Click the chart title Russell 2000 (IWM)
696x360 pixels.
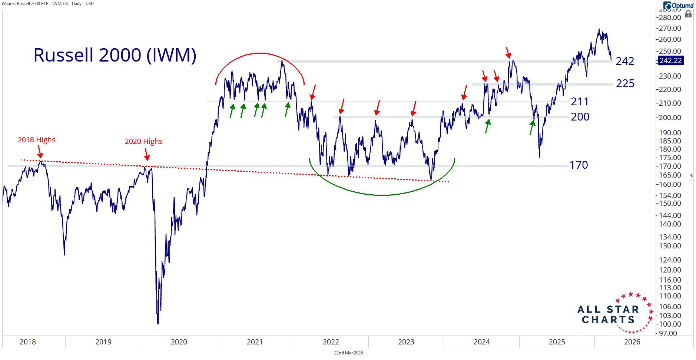point(115,55)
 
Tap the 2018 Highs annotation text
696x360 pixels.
point(36,140)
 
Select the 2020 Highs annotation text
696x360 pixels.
point(143,141)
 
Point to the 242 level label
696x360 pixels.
point(625,61)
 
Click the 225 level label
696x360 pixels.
point(625,83)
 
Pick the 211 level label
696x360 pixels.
point(580,102)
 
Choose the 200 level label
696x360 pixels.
point(580,117)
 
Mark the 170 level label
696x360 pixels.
point(579,165)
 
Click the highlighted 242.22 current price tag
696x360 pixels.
point(670,60)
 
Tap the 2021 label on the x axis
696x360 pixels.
point(255,342)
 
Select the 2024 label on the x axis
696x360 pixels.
point(481,342)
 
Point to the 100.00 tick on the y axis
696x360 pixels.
point(670,324)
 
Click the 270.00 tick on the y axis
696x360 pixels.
point(670,28)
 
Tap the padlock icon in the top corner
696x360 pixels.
point(688,14)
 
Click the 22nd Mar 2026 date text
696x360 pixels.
point(348,353)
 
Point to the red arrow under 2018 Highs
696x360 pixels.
point(40,153)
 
